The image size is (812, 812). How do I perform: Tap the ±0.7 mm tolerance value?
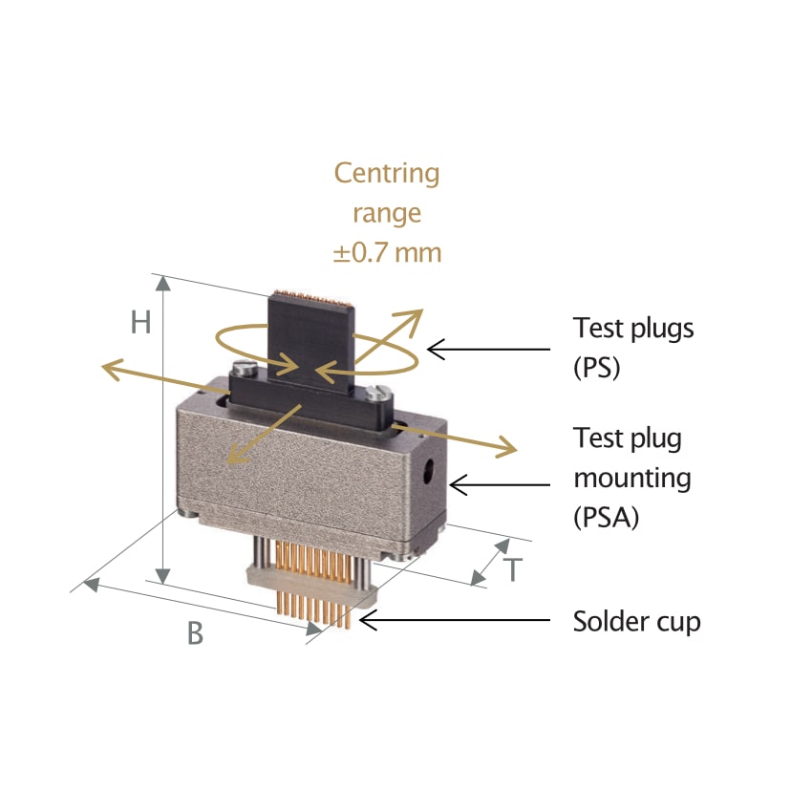point(387,252)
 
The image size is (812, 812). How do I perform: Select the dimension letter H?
point(141,323)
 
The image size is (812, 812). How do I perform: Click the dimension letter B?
point(195,632)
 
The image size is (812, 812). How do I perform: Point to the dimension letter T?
point(513,570)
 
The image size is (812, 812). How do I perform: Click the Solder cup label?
point(636,621)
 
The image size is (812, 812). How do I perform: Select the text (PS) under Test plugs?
point(597,367)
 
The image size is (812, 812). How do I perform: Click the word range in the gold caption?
point(387,212)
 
